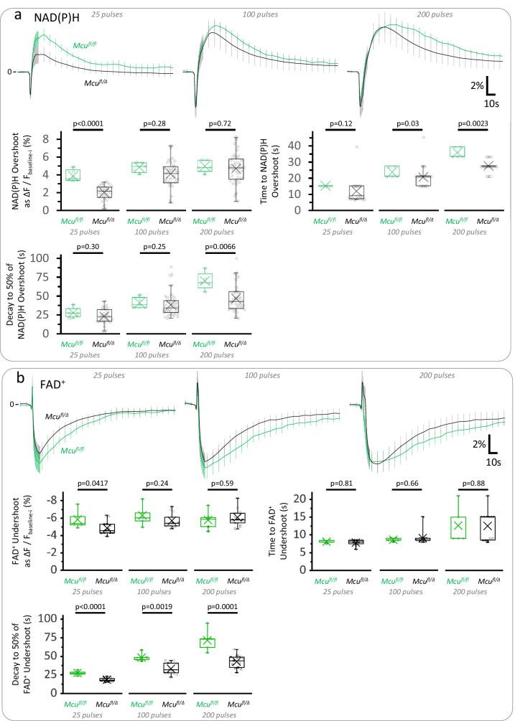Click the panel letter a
pos(20,13)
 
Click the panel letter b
pos(20,377)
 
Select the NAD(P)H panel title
pos(56,17)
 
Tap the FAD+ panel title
pos(50,381)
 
